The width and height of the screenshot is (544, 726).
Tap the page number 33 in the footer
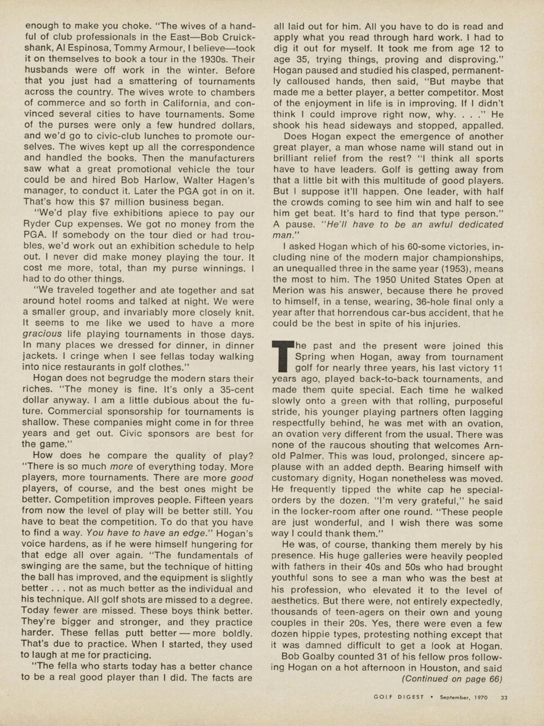[x=504, y=698]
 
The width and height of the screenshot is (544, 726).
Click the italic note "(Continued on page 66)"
[x=452, y=679]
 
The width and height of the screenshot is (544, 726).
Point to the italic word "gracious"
[x=42, y=334]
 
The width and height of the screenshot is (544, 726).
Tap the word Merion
[x=289, y=291]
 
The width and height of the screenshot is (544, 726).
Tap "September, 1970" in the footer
[x=465, y=698]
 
